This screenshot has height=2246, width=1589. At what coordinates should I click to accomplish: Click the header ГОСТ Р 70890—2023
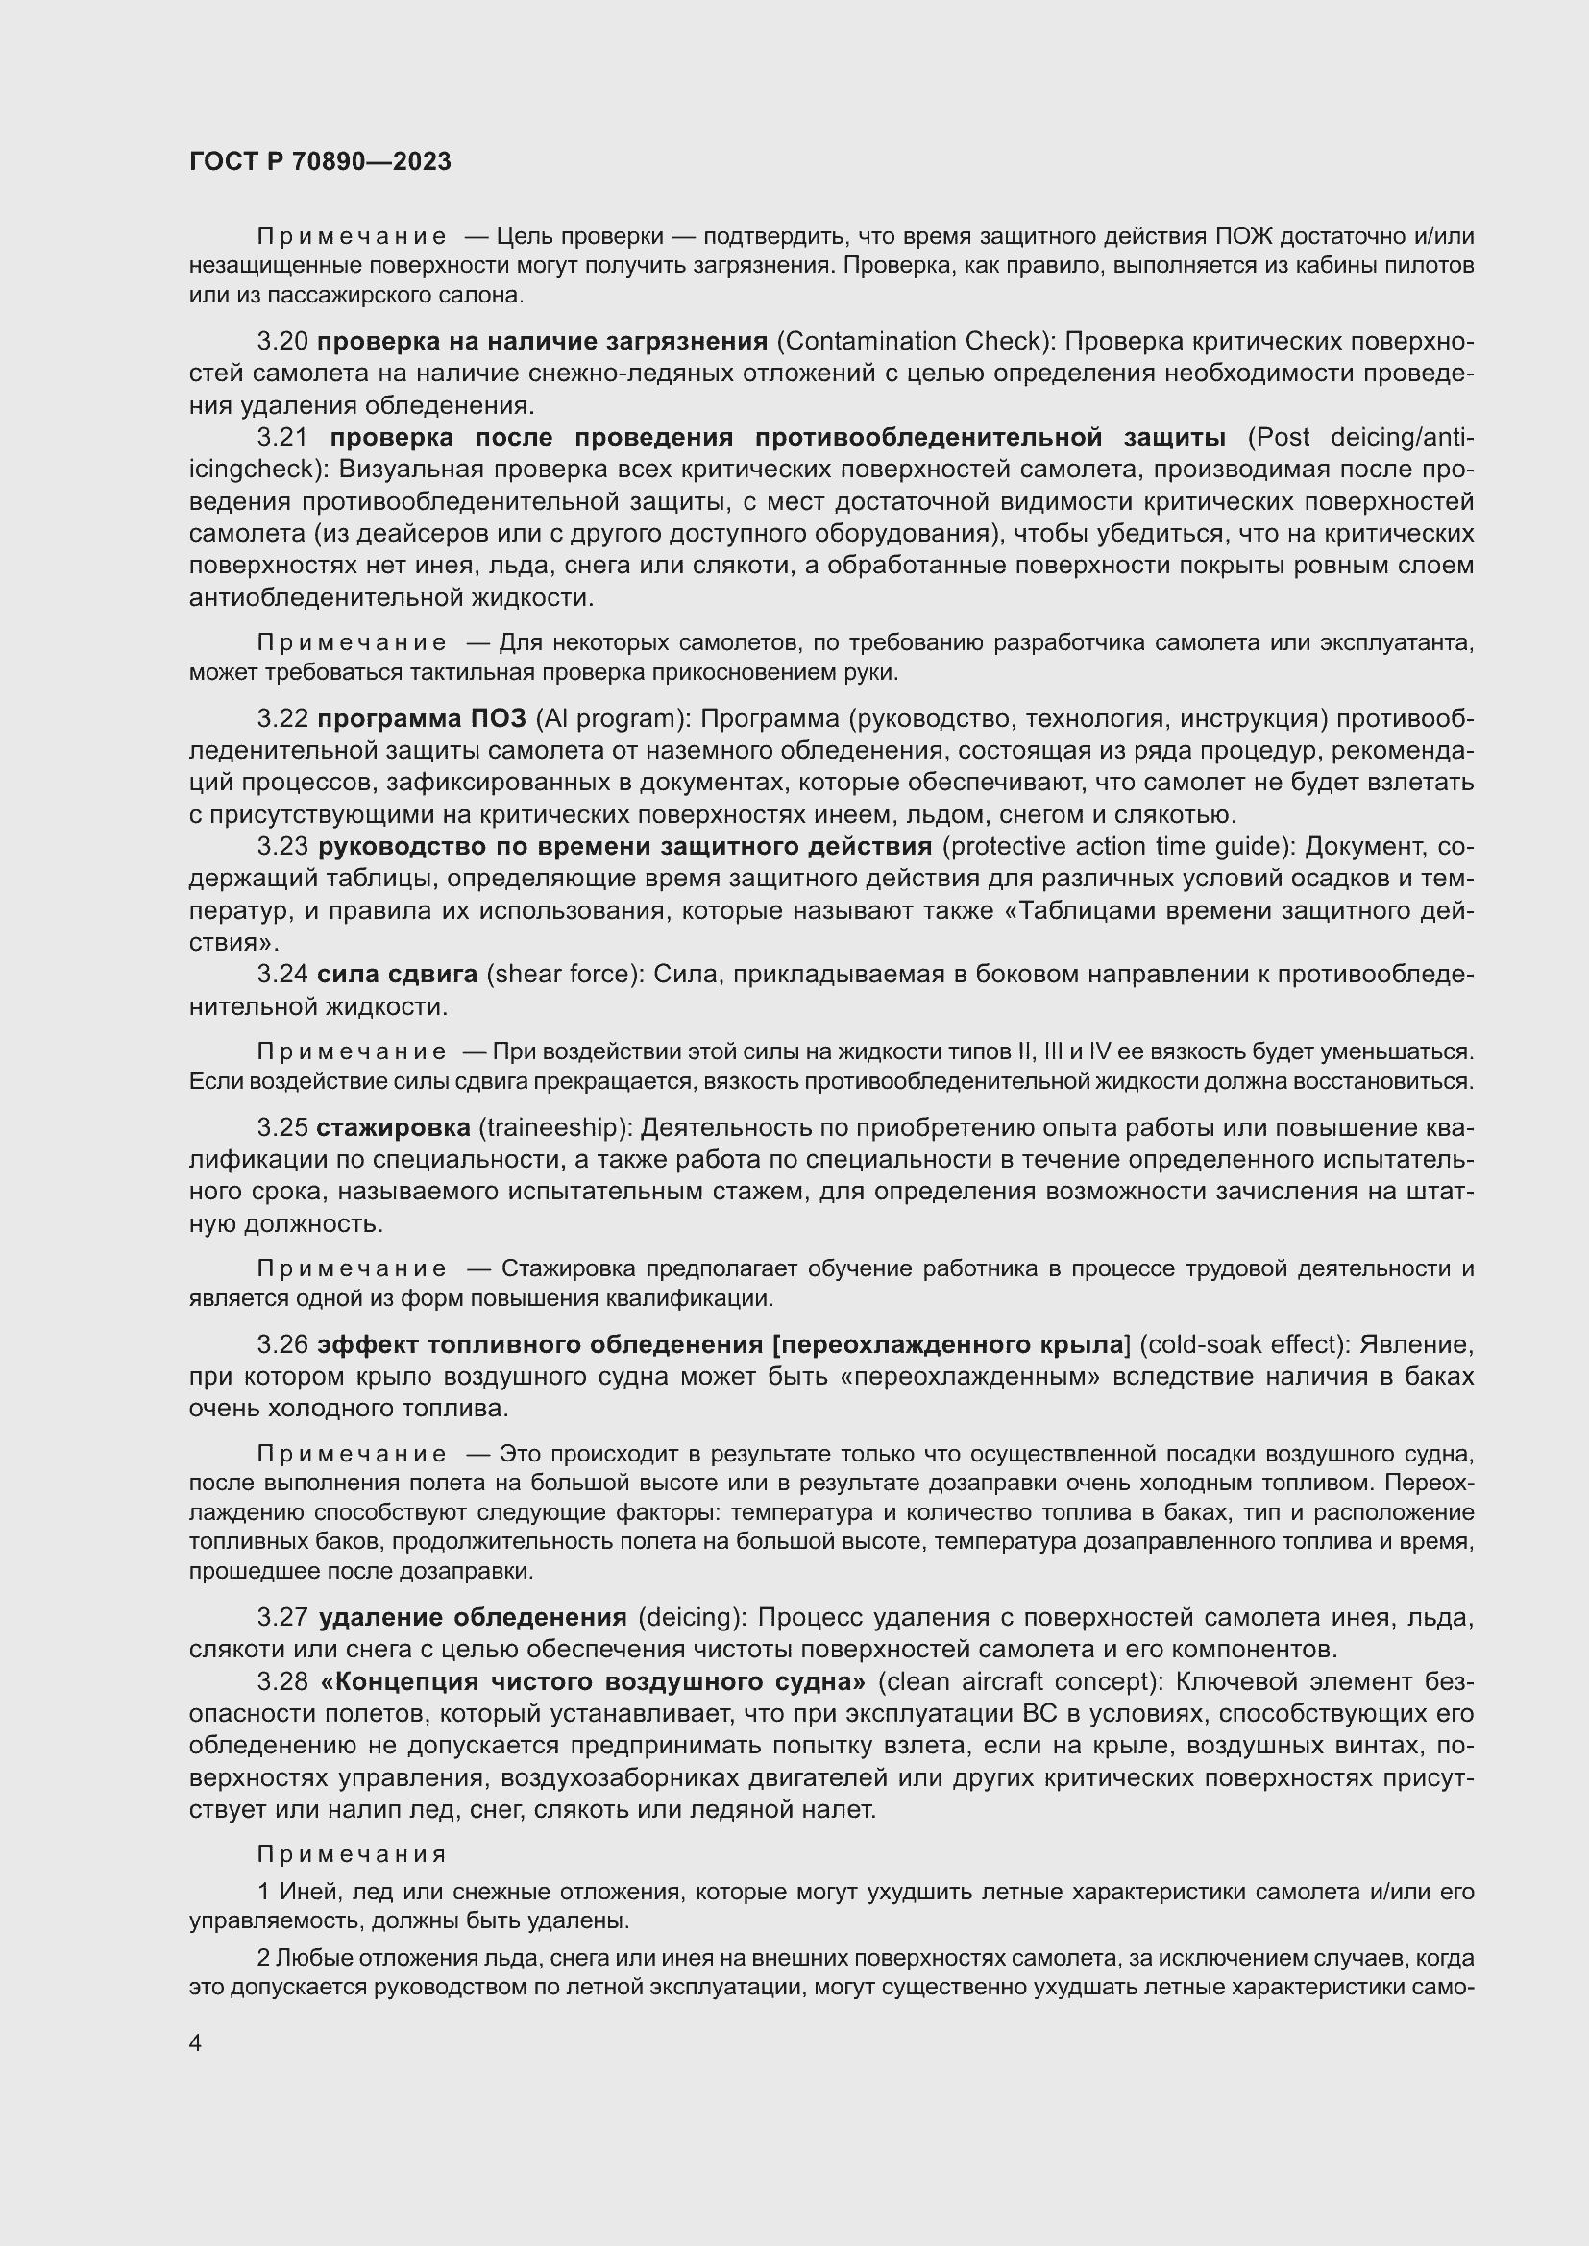pos(320,161)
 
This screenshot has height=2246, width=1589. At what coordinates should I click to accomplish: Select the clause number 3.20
pos(282,342)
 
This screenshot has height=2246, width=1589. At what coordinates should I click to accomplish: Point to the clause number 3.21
pos(282,437)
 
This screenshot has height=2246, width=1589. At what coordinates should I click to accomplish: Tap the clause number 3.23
pos(282,846)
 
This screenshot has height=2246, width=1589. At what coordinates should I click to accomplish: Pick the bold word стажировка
pos(392,1128)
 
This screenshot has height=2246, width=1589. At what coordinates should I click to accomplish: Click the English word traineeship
pos(552,1128)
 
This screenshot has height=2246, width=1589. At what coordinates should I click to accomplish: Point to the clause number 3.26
pos(282,1345)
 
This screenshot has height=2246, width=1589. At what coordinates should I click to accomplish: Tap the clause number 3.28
pos(282,1681)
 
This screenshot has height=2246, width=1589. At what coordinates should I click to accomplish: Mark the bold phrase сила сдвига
pos(398,975)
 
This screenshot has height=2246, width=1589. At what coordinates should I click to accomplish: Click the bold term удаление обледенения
pos(473,1617)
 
